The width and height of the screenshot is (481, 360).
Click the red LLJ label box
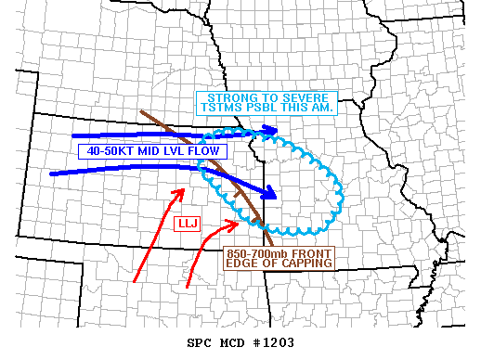point(188,224)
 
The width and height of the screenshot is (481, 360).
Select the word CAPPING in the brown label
point(305,264)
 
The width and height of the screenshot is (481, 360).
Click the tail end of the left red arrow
point(136,280)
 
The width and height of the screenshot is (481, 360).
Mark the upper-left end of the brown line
point(141,113)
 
